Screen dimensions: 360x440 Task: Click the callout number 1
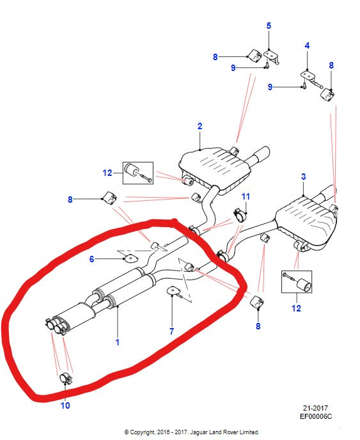(x=117, y=342)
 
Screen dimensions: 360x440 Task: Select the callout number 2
(x=200, y=126)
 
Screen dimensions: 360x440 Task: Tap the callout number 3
(x=303, y=177)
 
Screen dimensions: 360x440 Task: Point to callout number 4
(x=307, y=45)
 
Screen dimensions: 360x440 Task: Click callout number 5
(x=269, y=26)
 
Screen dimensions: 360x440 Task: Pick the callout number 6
(x=91, y=259)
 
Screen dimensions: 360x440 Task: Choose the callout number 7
(x=172, y=331)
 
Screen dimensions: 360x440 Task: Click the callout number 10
(x=65, y=405)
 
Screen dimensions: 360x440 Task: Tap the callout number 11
(x=246, y=196)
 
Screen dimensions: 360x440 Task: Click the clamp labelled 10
(x=67, y=378)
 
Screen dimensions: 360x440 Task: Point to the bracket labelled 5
(x=272, y=57)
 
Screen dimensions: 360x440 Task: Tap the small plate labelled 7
(x=174, y=291)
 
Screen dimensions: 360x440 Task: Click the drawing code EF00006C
(x=316, y=416)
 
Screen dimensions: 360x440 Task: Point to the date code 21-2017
(x=315, y=408)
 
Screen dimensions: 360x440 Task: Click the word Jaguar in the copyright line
(x=199, y=432)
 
